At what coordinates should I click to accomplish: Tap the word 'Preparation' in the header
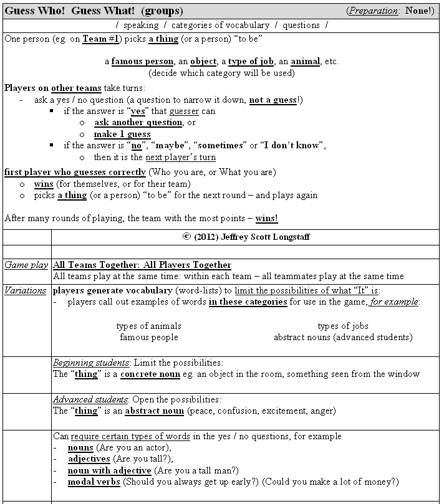tap(373, 11)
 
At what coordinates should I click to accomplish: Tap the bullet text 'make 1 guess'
tap(122, 134)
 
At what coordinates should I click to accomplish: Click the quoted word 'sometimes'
tap(220, 146)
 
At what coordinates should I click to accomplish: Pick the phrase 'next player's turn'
tap(180, 157)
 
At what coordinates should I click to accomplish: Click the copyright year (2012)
tap(208, 237)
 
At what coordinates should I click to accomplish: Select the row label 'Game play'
tap(26, 265)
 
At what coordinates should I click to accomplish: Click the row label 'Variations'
tap(26, 290)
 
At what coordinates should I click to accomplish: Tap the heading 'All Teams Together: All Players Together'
tap(142, 265)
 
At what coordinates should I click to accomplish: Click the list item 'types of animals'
tap(149, 326)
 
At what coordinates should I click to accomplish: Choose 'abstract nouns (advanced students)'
tap(343, 337)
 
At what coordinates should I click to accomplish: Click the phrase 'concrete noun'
tap(152, 374)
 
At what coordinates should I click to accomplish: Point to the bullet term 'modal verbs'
tap(94, 482)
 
